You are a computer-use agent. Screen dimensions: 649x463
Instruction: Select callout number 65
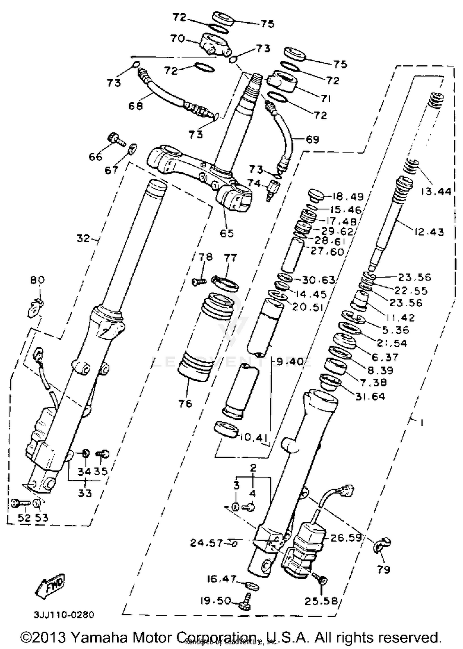(x=227, y=234)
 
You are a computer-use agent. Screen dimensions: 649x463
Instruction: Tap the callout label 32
(x=83, y=238)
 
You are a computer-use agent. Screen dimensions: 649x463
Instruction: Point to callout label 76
(x=185, y=403)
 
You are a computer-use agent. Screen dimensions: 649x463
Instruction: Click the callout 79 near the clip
(x=383, y=569)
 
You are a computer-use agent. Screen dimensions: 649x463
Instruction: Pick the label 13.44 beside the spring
(x=436, y=192)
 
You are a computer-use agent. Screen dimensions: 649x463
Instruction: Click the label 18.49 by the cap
(x=348, y=197)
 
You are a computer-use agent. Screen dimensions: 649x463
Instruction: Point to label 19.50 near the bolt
(x=215, y=601)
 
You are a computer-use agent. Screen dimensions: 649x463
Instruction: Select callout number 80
(x=37, y=280)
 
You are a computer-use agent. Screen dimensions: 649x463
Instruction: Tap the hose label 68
(x=136, y=106)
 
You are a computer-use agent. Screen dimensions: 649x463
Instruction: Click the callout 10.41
(x=252, y=437)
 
